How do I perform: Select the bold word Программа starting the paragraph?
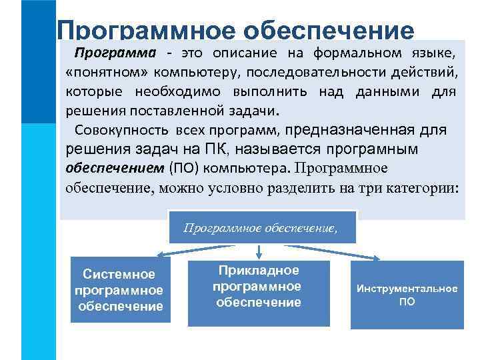click(115, 53)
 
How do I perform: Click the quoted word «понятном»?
click(95, 72)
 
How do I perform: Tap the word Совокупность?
click(123, 129)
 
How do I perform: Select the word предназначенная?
click(348, 129)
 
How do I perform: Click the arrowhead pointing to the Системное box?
click(160, 255)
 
